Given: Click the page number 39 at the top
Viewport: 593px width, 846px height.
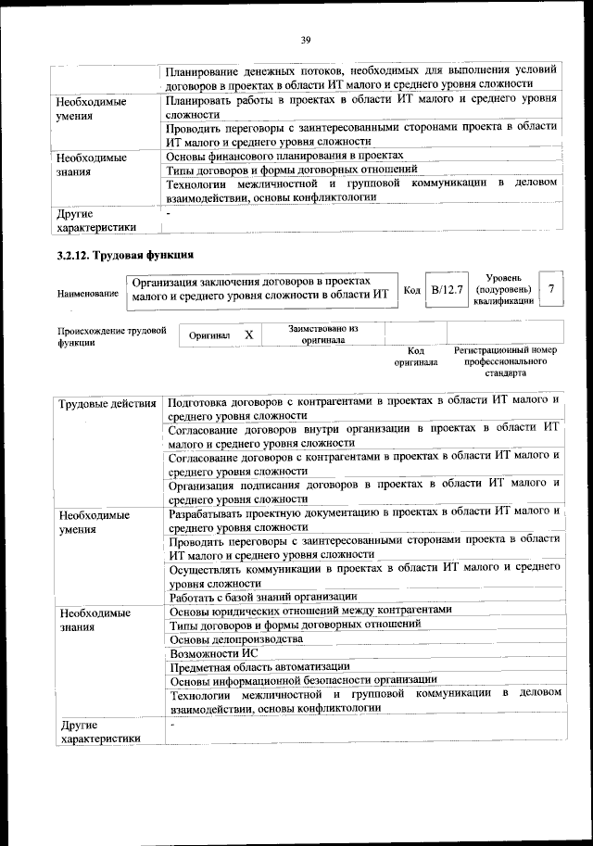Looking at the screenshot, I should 305,39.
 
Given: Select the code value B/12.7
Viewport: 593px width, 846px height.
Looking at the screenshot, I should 447,290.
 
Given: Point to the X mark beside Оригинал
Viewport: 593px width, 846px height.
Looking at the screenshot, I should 247,334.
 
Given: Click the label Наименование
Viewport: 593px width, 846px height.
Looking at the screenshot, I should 88,294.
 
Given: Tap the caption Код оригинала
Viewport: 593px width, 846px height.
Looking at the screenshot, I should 416,357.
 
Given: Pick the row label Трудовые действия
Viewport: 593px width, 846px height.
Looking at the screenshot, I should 107,403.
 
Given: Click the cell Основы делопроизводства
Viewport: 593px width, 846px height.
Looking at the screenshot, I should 236,639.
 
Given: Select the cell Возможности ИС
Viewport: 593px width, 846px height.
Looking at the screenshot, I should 214,653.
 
